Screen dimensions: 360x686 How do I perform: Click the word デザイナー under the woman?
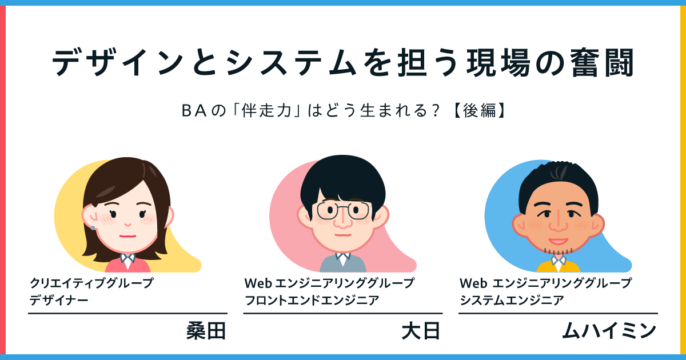click(59, 299)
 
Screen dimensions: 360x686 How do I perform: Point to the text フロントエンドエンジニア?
click(312, 299)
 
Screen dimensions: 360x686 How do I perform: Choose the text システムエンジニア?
click(512, 299)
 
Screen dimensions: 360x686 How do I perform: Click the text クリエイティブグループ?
click(92, 283)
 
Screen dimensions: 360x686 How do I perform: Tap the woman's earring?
click(93, 228)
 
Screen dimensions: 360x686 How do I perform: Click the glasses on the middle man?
click(343, 211)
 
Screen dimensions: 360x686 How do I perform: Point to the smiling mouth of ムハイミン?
click(556, 241)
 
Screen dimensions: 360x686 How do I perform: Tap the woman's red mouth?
click(127, 234)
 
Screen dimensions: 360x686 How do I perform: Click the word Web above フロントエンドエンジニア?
click(257, 283)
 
